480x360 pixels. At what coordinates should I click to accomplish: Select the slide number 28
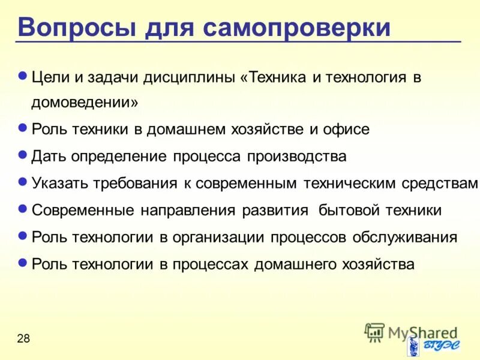tap(23, 339)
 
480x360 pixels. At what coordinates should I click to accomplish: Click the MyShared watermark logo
tap(411, 332)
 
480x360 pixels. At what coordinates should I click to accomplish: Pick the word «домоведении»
tap(85, 103)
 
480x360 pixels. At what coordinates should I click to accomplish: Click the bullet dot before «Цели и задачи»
tap(23, 76)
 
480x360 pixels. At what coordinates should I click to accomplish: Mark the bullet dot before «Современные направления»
tap(23, 208)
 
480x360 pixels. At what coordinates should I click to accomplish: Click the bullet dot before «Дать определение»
tap(23, 154)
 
